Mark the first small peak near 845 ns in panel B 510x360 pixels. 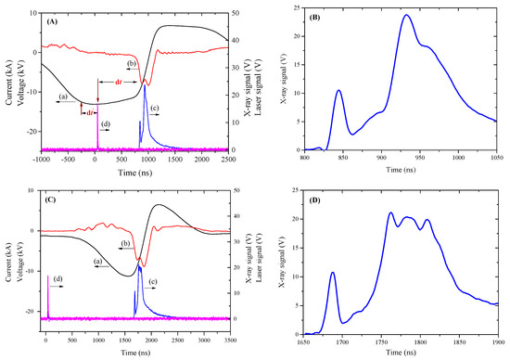339,91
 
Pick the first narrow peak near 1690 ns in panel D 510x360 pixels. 333,273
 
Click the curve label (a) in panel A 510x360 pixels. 63,96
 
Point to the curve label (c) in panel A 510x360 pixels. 154,109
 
